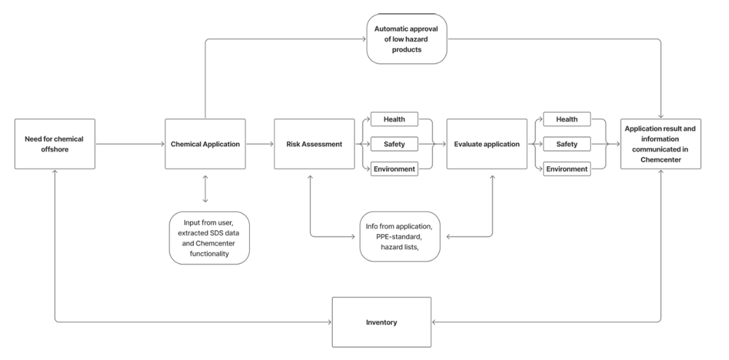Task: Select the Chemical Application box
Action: [x=205, y=144]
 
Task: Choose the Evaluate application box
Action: [x=486, y=144]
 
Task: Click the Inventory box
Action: [x=382, y=321]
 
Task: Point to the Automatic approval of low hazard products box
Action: [x=406, y=39]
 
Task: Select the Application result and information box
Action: [x=661, y=144]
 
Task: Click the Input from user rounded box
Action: [x=208, y=238]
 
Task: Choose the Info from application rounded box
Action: [x=403, y=237]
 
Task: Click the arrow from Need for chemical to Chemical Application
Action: [x=130, y=144]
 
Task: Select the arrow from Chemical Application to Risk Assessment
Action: [x=261, y=144]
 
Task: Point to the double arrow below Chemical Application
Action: [x=205, y=188]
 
